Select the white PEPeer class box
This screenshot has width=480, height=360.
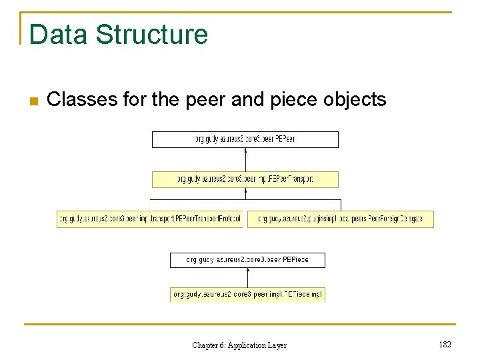click(245, 139)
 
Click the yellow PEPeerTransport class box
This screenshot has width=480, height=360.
click(245, 179)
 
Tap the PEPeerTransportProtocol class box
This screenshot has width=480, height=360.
click(149, 219)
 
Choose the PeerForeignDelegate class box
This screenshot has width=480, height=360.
click(340, 219)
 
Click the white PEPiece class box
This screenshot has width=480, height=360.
click(247, 259)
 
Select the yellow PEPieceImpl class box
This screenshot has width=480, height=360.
click(247, 294)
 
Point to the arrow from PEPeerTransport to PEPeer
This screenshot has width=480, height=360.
click(246, 159)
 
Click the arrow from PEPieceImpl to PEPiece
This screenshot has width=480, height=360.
click(247, 277)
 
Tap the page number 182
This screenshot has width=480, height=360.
click(445, 344)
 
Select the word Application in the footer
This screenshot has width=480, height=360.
click(247, 345)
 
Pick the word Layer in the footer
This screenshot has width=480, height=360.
click(277, 345)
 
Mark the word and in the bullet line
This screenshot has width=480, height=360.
click(245, 100)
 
